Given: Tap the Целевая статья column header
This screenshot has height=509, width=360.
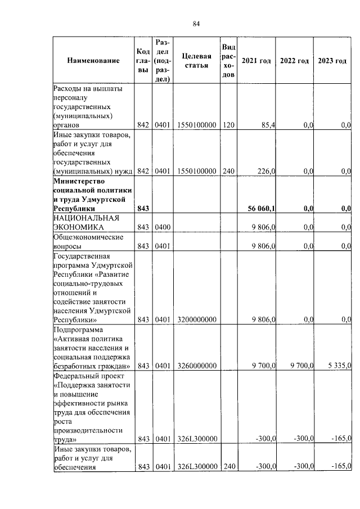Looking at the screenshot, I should (196, 61).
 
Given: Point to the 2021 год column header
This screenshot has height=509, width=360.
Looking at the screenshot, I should (256, 61).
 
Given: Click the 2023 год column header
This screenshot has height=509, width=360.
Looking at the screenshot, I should (332, 61).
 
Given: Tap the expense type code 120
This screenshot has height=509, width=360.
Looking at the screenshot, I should (228, 125).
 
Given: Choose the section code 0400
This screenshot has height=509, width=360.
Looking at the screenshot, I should (163, 227).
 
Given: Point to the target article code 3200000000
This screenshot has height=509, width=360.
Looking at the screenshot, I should (196, 319).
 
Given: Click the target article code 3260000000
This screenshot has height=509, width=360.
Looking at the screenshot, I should (196, 367).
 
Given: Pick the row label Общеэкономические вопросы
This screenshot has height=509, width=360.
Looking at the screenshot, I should (88, 241).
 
